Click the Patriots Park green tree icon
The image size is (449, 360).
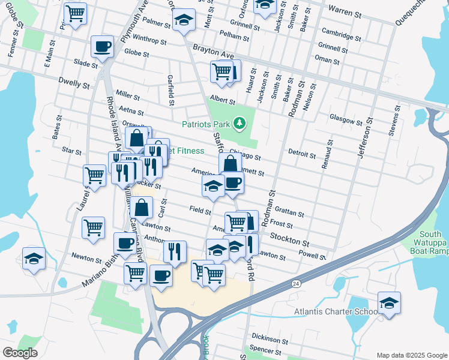coord(240,124)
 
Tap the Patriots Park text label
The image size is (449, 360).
coord(206,124)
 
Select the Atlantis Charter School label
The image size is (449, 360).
coord(336,311)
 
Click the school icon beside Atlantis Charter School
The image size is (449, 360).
coord(389,303)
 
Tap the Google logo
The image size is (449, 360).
coord(20,353)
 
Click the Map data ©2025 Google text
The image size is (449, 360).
coord(411,355)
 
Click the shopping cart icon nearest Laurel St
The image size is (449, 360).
coord(95,175)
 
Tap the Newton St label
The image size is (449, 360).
coord(86,259)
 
